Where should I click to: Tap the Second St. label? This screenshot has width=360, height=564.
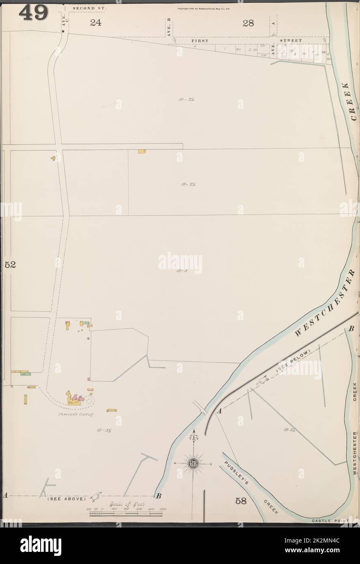pyautogui.click(x=89, y=8)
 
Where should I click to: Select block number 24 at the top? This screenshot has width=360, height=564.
pyautogui.click(x=95, y=23)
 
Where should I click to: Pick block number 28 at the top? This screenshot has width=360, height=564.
pyautogui.click(x=248, y=23)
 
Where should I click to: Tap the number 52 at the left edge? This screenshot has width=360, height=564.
pyautogui.click(x=10, y=265)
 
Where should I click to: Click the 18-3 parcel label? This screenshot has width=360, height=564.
pyautogui.click(x=182, y=271)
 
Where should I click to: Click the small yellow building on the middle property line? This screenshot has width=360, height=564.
pyautogui.click(x=141, y=151)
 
